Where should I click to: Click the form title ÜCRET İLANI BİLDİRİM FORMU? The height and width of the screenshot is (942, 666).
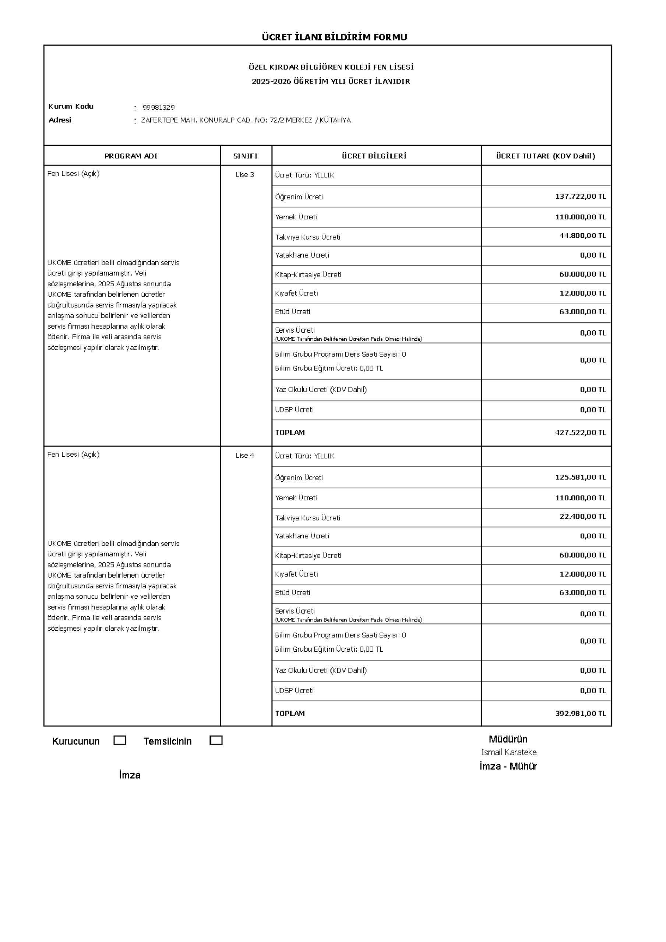(x=334, y=37)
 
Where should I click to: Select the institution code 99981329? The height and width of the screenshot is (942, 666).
(x=159, y=107)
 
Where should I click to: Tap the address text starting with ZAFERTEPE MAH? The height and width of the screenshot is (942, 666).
(x=246, y=120)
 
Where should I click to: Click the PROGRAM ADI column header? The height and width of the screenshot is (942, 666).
(x=131, y=156)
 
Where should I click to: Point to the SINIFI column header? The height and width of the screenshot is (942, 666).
(x=245, y=156)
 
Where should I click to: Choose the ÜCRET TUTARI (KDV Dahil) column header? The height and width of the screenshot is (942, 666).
(x=545, y=156)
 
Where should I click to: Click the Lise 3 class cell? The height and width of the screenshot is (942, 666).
(x=245, y=175)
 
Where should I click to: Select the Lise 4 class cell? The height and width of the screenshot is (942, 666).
(x=245, y=456)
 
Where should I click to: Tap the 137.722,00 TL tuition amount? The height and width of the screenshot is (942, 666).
(x=580, y=196)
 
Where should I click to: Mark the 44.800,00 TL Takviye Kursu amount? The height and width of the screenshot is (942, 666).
(x=582, y=235)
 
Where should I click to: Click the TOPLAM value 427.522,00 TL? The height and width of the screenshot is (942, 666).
(x=580, y=432)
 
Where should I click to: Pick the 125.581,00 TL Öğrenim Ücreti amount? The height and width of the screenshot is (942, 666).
(x=580, y=477)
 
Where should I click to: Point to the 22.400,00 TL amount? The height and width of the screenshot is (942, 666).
(x=582, y=516)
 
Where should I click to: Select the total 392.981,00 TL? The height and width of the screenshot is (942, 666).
(x=580, y=713)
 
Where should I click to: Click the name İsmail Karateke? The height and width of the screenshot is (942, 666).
(x=509, y=752)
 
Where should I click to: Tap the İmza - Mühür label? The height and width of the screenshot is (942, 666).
(x=508, y=766)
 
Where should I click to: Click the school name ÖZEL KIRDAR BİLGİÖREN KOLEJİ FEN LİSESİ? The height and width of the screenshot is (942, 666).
(x=331, y=67)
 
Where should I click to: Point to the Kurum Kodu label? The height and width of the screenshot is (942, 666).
(x=71, y=106)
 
